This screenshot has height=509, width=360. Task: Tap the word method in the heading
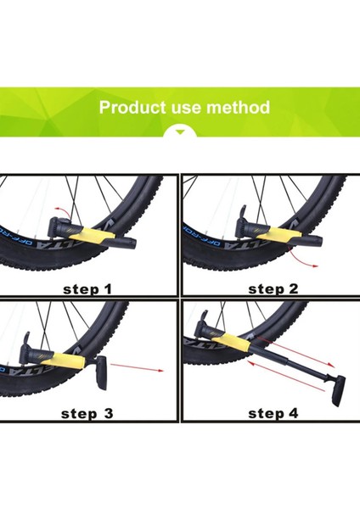pos(238,107)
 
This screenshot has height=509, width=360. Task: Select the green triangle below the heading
pos(180,131)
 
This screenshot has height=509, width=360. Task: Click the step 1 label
pos(87,289)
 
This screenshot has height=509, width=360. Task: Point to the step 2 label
pos(273,289)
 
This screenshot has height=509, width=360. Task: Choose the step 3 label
pos(87,414)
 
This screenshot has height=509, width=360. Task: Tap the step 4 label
pos(273,413)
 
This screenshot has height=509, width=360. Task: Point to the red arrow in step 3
pos(137,367)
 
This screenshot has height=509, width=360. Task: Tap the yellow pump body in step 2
pos(282,235)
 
